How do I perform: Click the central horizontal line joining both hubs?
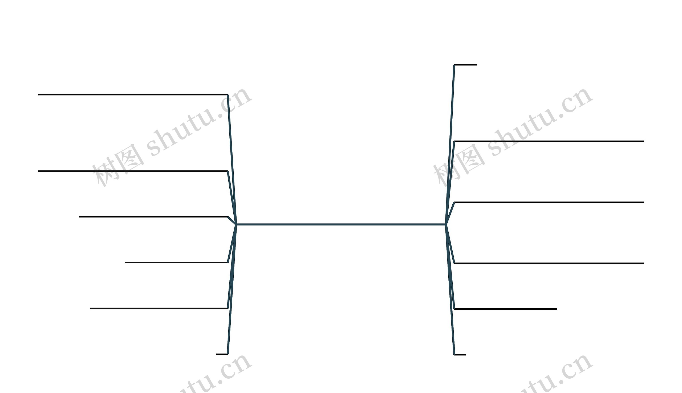coord(341,224)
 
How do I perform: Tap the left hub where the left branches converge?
coord(236,224)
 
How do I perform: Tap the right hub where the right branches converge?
coord(446,224)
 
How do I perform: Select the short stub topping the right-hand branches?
coord(466,65)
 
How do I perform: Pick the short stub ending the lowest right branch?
coord(460,355)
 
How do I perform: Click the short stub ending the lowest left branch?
coord(222,354)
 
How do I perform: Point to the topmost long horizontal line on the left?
coord(132,95)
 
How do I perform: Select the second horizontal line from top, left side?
coord(132,171)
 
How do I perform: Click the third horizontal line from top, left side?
coord(153,217)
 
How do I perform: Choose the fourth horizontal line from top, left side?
coord(176,263)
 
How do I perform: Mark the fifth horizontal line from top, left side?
coord(159,308)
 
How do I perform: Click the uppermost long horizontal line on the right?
coord(549,141)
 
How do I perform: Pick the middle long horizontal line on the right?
coord(549,202)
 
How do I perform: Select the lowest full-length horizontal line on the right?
coord(549,263)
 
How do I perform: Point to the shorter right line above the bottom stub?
coord(506,309)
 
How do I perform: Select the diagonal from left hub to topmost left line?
coord(232,159)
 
